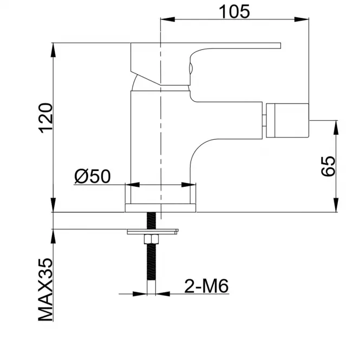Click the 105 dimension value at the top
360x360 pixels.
pos(234,11)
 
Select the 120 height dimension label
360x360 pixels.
pos(46,118)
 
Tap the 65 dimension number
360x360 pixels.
pos(328,166)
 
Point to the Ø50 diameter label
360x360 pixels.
pos(93,176)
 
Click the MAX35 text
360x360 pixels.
pos(45,290)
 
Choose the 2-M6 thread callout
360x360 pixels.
pos(206,286)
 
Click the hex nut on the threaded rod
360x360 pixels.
pos(151,239)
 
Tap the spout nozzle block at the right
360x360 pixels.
pos(287,121)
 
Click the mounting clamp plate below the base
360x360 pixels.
pos(153,232)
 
